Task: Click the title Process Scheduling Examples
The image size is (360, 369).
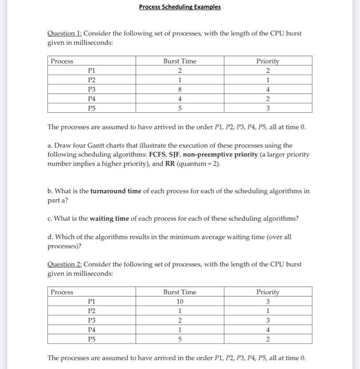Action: coord(180,7)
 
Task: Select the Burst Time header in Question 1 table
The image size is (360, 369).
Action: coord(180,61)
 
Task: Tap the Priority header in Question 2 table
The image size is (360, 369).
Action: coord(268,292)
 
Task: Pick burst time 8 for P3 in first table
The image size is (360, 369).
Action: coord(180,90)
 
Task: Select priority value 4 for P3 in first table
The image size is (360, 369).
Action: coord(268,90)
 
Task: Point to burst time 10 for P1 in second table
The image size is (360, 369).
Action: coord(180,302)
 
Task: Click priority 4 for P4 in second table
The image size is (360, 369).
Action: coord(268,329)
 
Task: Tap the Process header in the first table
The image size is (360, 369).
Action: coord(62,61)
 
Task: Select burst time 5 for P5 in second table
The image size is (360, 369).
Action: coord(180,339)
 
